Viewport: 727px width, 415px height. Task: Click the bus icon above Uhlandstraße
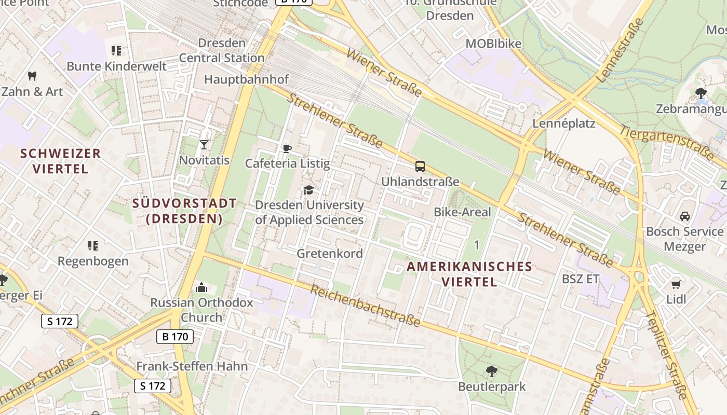420,167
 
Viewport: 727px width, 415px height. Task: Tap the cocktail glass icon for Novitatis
204,144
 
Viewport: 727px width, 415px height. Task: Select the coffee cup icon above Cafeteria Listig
287,149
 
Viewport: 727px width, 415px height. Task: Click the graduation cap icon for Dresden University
308,190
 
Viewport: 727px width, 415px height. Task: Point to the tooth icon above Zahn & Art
32,76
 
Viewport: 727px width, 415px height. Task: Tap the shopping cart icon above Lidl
676,284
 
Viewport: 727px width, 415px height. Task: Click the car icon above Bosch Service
684,216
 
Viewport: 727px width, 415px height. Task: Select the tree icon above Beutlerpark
491,371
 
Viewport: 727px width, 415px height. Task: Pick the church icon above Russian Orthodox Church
201,287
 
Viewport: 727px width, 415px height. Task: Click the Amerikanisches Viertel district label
469,274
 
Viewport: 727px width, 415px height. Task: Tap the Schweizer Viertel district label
60,161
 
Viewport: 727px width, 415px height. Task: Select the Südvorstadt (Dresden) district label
184,211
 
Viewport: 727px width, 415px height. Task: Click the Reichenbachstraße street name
365,306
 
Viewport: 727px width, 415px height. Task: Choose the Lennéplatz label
564,123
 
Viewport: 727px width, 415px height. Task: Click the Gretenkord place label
330,254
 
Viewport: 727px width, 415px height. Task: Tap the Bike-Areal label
462,212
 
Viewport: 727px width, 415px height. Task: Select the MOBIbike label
493,44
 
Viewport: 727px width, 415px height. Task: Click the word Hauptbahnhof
246,79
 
